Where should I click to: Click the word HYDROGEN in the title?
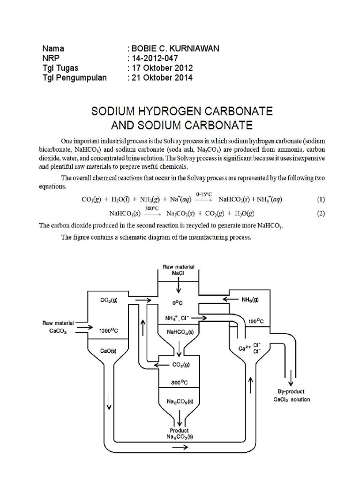[187, 112]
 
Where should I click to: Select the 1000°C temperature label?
[109, 330]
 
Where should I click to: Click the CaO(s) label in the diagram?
[109, 350]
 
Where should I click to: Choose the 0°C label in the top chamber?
[179, 302]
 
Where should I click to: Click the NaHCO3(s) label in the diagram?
[179, 332]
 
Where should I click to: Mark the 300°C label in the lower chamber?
[179, 382]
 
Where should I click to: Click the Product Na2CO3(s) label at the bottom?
[180, 434]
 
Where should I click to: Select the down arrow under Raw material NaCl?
[179, 285]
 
